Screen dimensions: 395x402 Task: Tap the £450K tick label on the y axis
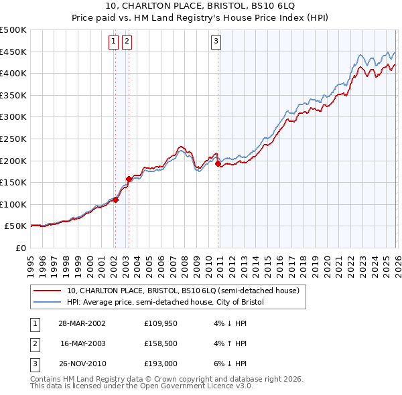click(13, 52)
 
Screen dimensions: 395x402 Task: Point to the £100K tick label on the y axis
click(13, 204)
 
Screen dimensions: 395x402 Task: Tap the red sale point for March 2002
click(116, 200)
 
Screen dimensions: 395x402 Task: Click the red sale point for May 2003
click(129, 179)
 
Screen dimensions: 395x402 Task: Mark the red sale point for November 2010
click(218, 163)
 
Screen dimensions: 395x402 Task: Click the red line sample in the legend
click(48, 291)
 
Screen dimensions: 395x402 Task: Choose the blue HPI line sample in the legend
click(48, 302)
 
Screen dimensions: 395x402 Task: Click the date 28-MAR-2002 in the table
click(82, 323)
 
